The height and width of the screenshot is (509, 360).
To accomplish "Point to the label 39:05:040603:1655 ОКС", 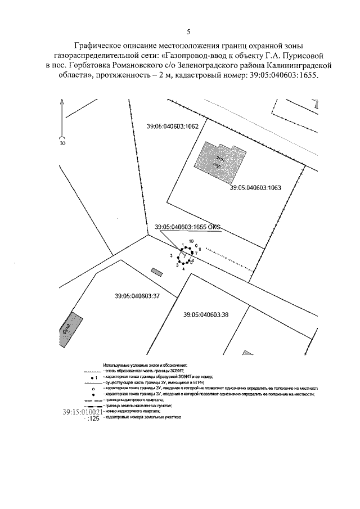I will (x=187, y=227).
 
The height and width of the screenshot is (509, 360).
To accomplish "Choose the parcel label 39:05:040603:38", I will (x=206, y=314).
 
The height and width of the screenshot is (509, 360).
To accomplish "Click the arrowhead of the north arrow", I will (x=61, y=101).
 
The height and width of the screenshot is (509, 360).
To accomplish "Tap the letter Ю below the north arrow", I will (x=61, y=143).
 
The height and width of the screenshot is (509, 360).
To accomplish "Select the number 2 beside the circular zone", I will (x=170, y=256).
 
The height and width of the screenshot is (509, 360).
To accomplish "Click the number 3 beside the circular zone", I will (x=177, y=265).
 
